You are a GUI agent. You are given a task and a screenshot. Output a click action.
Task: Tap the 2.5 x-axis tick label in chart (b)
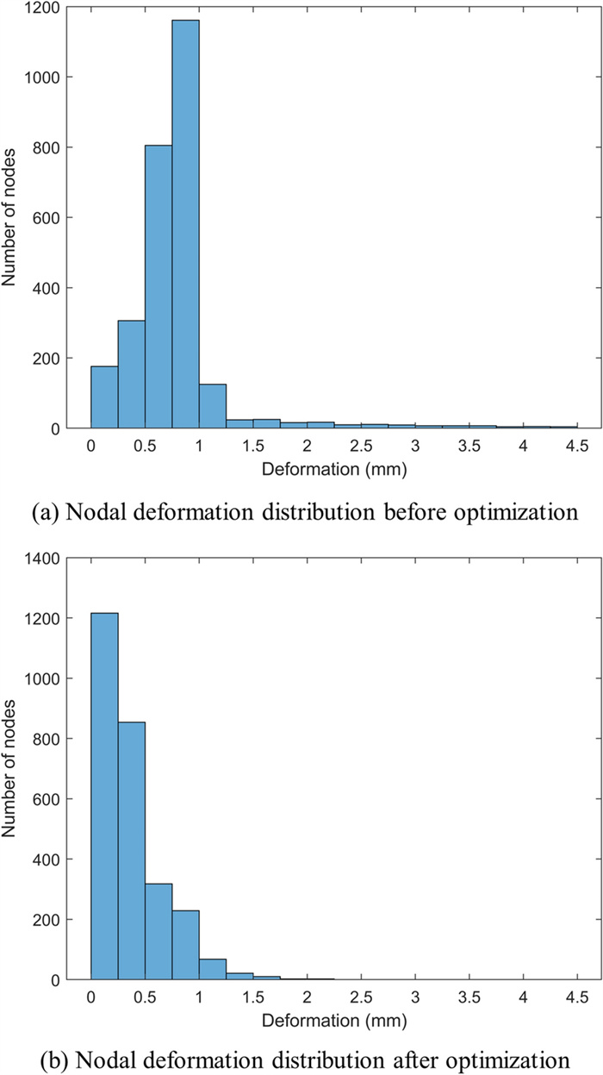click(361, 997)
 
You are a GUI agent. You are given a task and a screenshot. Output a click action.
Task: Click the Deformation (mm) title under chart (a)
click(334, 471)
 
